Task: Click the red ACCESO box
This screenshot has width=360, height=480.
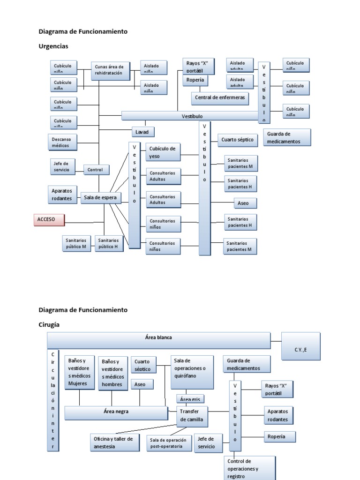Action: [x=49, y=219]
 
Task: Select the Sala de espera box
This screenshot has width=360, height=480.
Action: [x=101, y=198]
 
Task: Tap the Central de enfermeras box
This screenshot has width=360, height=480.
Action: [x=220, y=98]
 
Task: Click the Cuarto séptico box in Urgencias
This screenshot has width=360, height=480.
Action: [x=238, y=140]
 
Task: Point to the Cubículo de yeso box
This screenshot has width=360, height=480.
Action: [x=163, y=152]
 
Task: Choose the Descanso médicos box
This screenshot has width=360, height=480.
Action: [x=64, y=142]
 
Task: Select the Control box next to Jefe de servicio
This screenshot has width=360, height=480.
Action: [x=97, y=170]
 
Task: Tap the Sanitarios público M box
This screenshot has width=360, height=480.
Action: [x=76, y=243]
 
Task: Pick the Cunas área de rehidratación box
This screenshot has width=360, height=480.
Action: [x=110, y=70]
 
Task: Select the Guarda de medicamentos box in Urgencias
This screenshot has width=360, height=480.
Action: [x=287, y=137]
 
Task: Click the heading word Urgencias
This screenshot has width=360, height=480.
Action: [x=53, y=46]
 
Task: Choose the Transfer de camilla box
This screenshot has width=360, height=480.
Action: [x=192, y=416]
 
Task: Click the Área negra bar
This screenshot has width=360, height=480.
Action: [x=116, y=412]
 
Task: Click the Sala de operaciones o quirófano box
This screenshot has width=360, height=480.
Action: [x=192, y=372]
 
